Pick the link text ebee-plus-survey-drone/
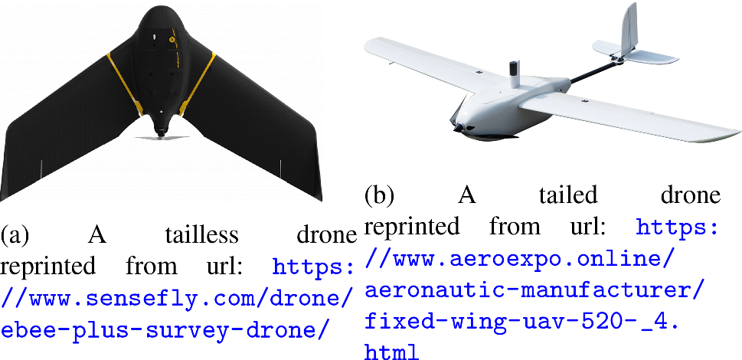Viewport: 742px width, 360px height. (167, 327)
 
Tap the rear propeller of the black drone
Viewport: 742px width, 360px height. (161, 136)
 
